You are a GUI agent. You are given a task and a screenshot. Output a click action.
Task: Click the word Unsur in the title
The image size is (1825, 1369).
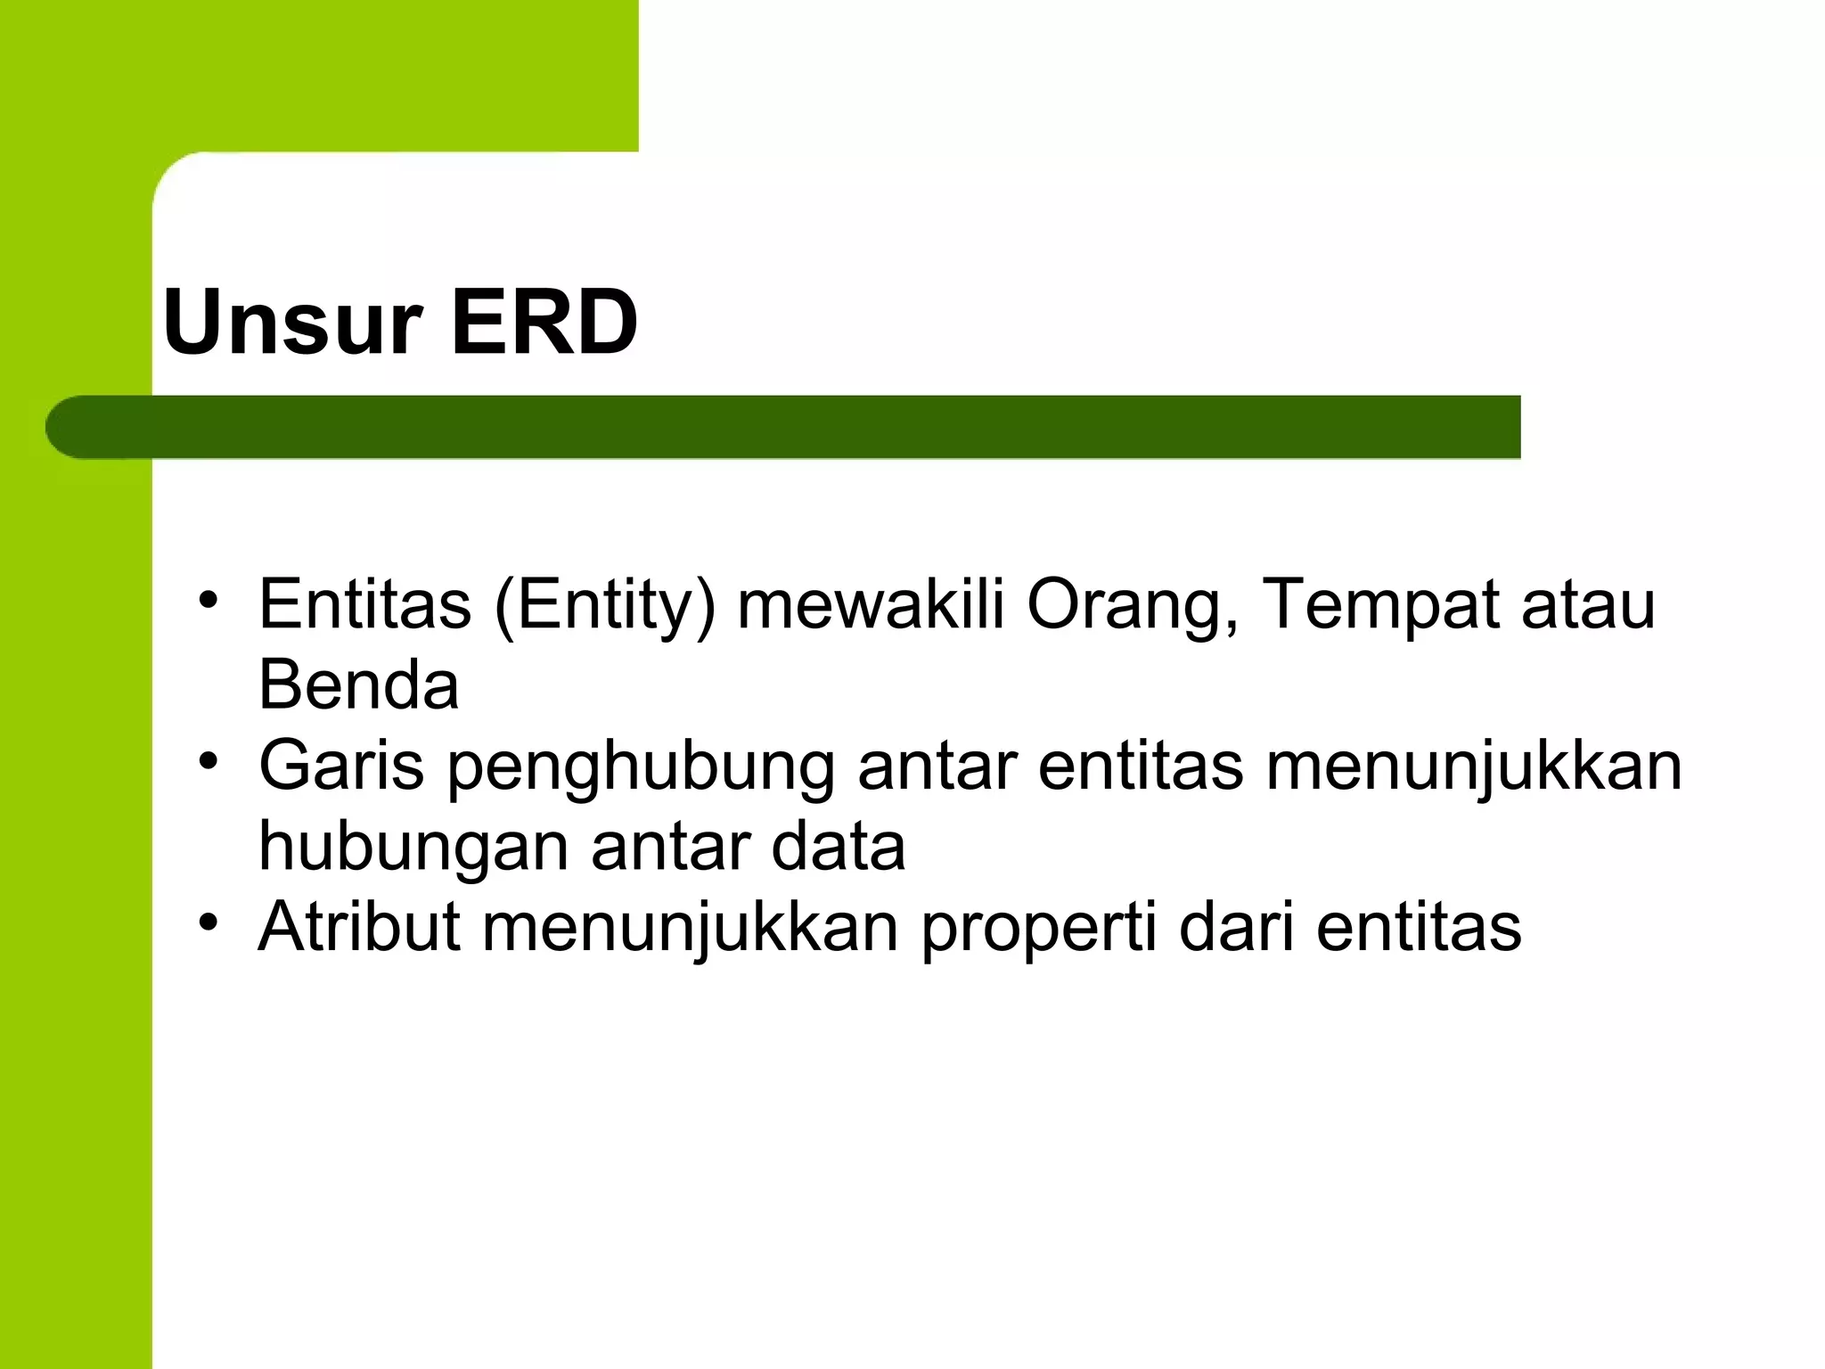pyautogui.click(x=291, y=322)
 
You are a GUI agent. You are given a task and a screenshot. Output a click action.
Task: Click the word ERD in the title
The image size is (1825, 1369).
pyautogui.click(x=544, y=322)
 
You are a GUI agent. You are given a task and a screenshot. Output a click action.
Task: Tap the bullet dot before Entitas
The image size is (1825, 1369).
pyautogui.click(x=209, y=599)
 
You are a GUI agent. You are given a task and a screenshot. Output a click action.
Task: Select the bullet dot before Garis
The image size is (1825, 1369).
pyautogui.click(x=209, y=761)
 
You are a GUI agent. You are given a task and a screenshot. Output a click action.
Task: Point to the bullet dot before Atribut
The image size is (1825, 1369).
pyautogui.click(x=209, y=922)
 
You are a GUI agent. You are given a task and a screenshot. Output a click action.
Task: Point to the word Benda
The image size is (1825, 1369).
pyautogui.click(x=358, y=684)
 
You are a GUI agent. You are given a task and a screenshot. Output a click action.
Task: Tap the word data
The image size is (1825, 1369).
pyautogui.click(x=838, y=846)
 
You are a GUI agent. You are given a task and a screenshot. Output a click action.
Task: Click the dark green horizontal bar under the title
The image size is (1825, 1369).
pyautogui.click(x=802, y=427)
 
